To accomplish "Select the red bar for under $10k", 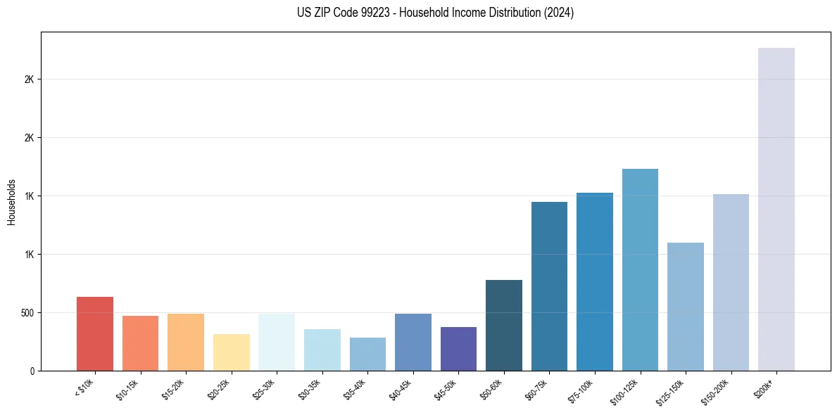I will tap(95, 333).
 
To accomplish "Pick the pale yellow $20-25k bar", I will tap(231, 352).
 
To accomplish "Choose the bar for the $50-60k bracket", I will tap(503, 325).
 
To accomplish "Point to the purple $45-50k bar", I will tap(458, 348).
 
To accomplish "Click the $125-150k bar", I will tap(685, 306).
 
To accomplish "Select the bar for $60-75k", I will tap(549, 286).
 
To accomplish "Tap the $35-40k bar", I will tap(367, 354).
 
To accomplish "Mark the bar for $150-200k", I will tap(731, 282).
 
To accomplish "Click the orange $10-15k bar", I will tap(140, 343).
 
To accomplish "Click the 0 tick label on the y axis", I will tap(32, 371).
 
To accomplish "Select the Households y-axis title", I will tap(11, 201).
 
